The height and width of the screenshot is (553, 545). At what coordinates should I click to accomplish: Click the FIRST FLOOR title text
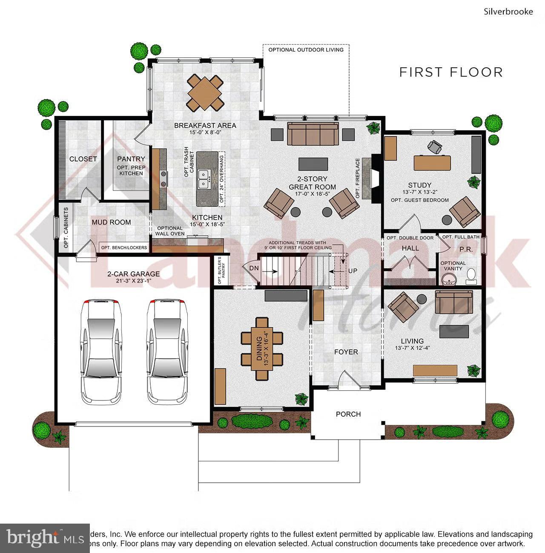(x=451, y=72)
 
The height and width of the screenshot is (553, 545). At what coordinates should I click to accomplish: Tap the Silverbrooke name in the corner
(x=508, y=12)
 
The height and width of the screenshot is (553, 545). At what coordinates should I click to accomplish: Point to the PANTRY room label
(x=131, y=159)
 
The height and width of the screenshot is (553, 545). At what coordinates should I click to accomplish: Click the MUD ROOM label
(x=112, y=222)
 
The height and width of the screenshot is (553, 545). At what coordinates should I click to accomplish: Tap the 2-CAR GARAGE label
(x=133, y=274)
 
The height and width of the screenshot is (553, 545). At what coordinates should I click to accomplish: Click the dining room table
(x=262, y=349)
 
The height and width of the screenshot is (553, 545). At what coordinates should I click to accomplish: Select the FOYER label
(x=346, y=352)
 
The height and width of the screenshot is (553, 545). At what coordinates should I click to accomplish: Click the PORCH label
(x=348, y=414)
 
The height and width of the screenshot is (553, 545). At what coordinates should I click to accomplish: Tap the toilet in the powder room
(x=471, y=277)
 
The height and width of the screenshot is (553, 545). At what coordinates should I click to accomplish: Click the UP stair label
(x=353, y=271)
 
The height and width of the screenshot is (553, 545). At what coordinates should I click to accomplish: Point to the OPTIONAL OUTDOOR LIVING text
(x=306, y=50)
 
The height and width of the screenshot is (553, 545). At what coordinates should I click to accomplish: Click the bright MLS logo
(x=45, y=538)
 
